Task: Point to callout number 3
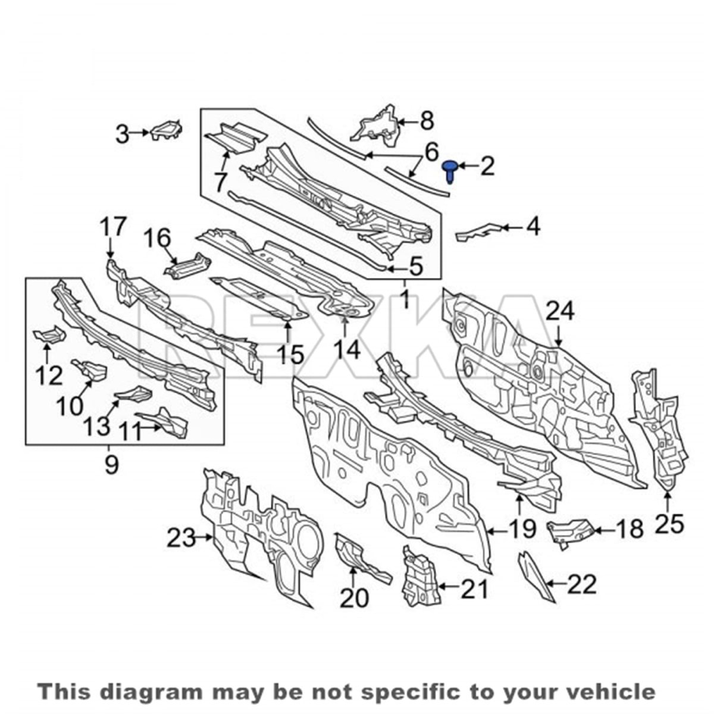click(123, 134)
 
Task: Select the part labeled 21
click(421, 581)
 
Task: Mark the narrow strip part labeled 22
click(535, 583)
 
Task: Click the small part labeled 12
click(49, 333)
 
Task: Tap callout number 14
click(346, 349)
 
